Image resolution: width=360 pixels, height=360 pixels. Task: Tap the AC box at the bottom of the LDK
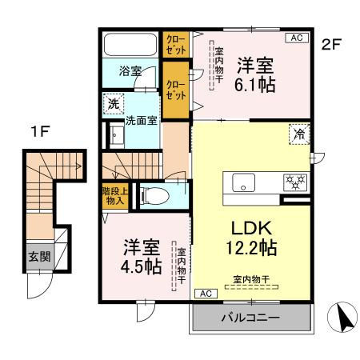tap(204, 293)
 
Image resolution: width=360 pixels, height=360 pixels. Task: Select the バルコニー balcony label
tap(250, 317)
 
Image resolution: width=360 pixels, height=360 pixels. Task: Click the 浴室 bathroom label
tap(132, 70)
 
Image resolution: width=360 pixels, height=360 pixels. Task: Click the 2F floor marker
tap(332, 45)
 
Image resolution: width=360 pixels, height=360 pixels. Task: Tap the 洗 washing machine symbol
tap(114, 103)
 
